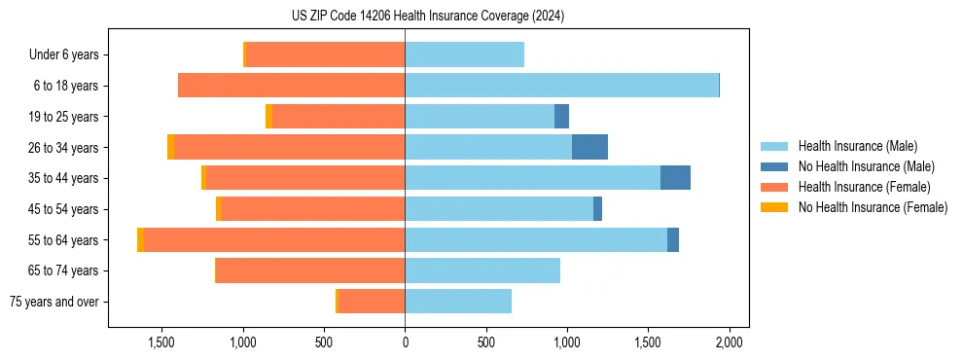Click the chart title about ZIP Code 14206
(427, 17)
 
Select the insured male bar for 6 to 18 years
(561, 86)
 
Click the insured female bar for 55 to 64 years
(274, 240)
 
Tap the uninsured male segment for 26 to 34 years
(589, 148)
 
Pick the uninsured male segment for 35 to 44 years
(675, 178)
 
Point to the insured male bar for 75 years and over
(458, 302)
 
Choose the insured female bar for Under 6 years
(325, 54)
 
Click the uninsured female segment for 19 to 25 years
(268, 117)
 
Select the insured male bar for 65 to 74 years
(482, 270)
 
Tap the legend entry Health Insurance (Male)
(857, 146)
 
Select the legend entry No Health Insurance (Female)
(873, 207)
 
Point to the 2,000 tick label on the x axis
(730, 342)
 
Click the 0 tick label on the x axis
(405, 342)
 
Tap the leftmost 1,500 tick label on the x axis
(161, 342)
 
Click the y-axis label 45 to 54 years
(62, 209)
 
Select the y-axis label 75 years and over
(54, 302)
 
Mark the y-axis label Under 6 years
(64, 55)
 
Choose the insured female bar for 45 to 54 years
(312, 209)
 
